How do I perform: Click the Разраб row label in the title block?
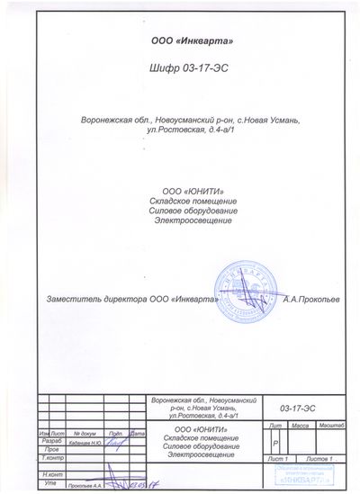pyautogui.click(x=50, y=441)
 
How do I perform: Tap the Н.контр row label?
pyautogui.click(x=52, y=473)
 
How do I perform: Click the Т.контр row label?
pyautogui.click(x=51, y=458)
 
